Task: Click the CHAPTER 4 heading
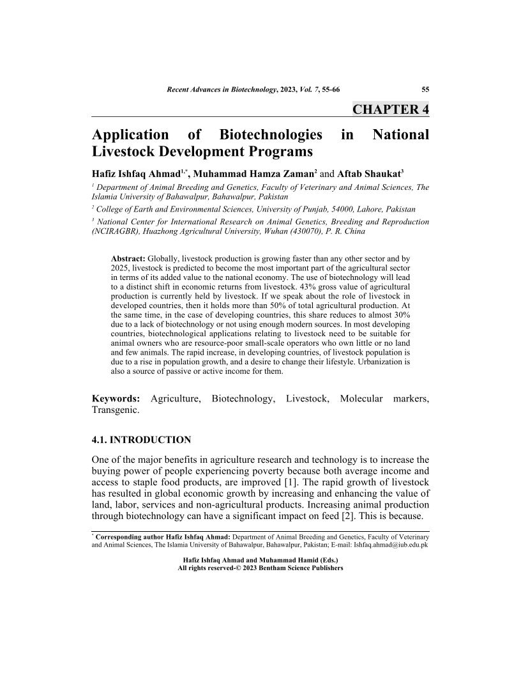[390, 109]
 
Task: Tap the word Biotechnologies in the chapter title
[270, 135]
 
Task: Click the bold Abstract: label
[128, 258]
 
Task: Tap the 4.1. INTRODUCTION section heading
[141, 440]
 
